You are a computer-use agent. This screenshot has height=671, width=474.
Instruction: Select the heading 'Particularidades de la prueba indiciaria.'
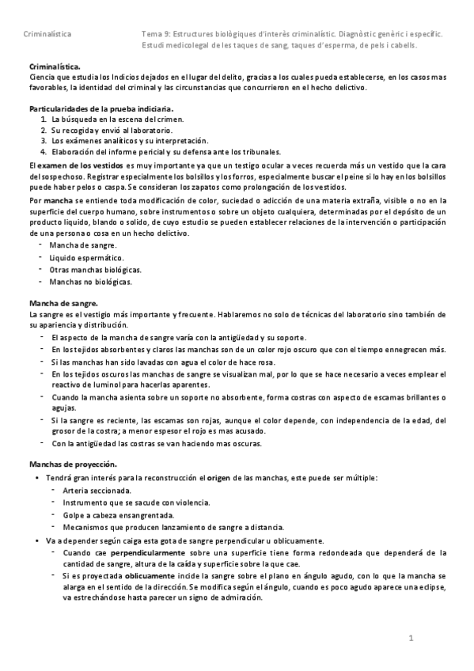click(101, 108)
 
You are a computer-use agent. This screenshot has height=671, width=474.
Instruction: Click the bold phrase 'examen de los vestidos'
click(84, 164)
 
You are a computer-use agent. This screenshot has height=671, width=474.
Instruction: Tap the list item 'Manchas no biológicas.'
click(90, 281)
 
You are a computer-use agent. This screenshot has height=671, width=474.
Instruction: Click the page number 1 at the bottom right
click(411, 638)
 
